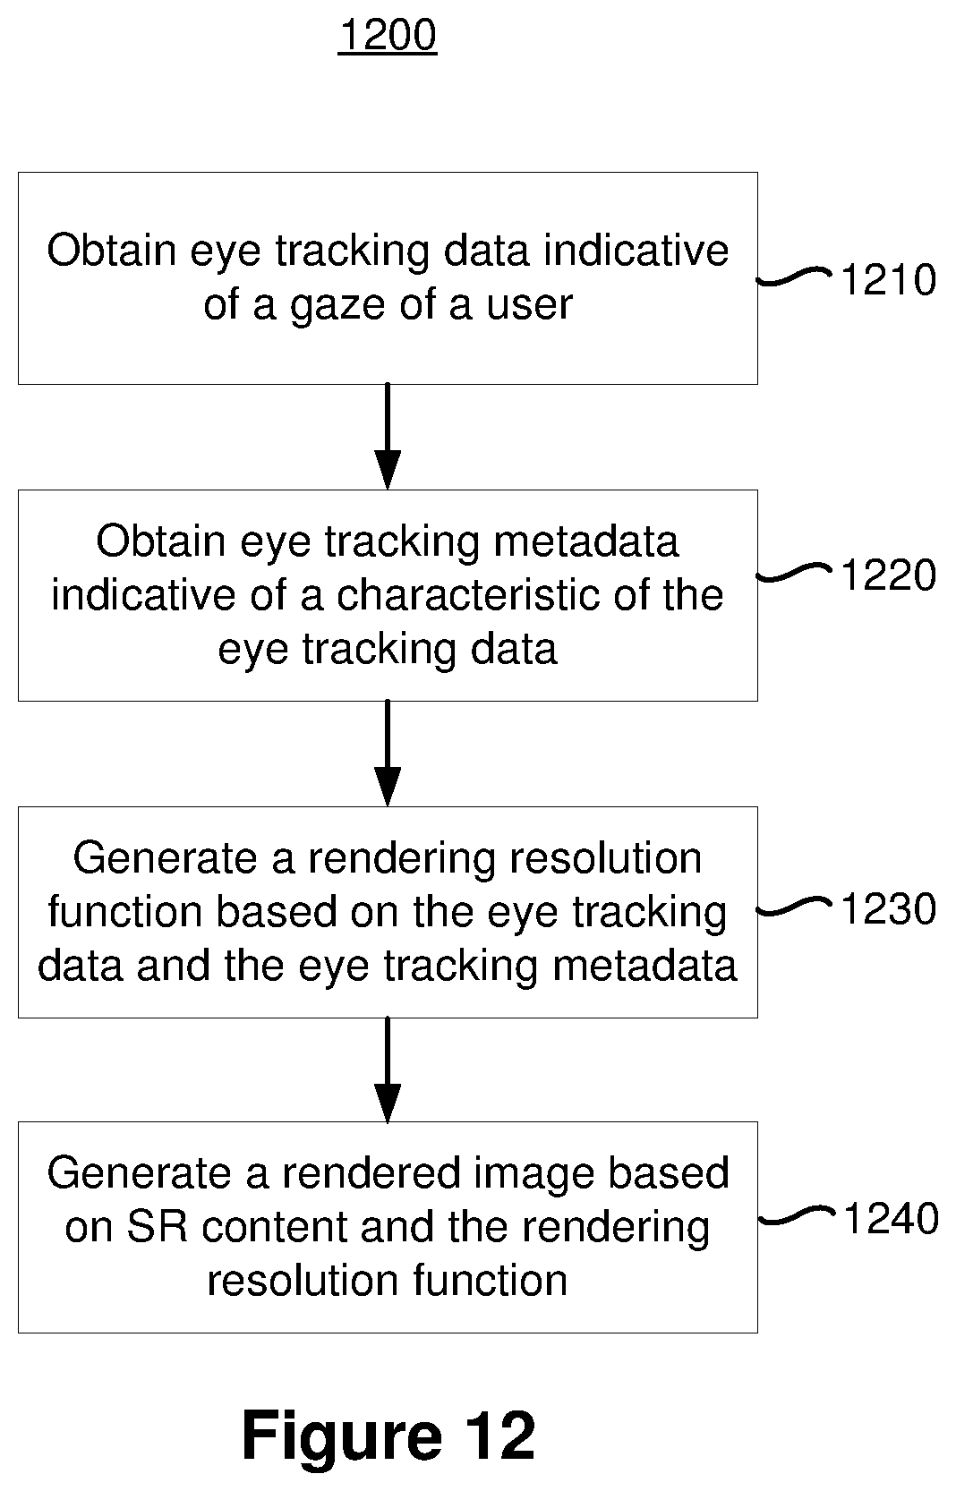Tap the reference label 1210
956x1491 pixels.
[x=889, y=279]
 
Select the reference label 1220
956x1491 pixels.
[x=889, y=575]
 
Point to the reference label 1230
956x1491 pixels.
[x=889, y=909]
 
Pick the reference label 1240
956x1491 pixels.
[x=892, y=1219]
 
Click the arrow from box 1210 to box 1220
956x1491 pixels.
[x=388, y=437]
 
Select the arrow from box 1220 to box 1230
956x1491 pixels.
[x=388, y=754]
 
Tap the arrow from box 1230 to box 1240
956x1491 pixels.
[x=388, y=1070]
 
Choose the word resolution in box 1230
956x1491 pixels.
[x=605, y=858]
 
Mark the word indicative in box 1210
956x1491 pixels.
[x=636, y=251]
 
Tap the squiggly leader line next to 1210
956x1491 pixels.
[x=794, y=277]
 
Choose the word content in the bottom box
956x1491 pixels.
[x=275, y=1227]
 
